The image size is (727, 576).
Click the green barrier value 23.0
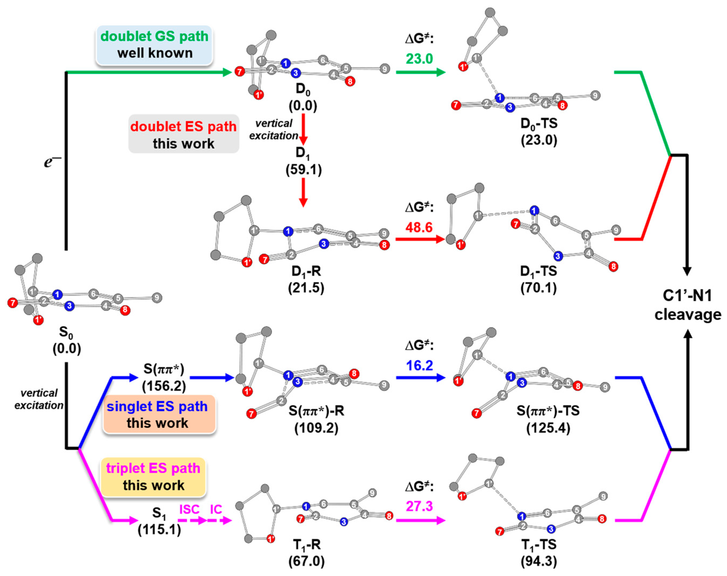point(419,59)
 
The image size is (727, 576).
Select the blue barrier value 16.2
point(419,365)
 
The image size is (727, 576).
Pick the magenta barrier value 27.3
point(419,506)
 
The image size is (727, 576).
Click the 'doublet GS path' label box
point(154,45)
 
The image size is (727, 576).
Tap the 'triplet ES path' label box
point(153,477)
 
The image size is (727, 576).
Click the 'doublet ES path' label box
point(184,134)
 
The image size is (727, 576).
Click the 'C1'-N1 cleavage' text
point(688,305)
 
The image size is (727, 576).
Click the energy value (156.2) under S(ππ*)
point(164,386)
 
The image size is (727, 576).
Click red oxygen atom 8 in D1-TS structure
point(613,266)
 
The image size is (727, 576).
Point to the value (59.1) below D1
point(303,170)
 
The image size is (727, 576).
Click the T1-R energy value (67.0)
point(306,561)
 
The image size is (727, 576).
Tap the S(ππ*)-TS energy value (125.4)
point(548,428)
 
